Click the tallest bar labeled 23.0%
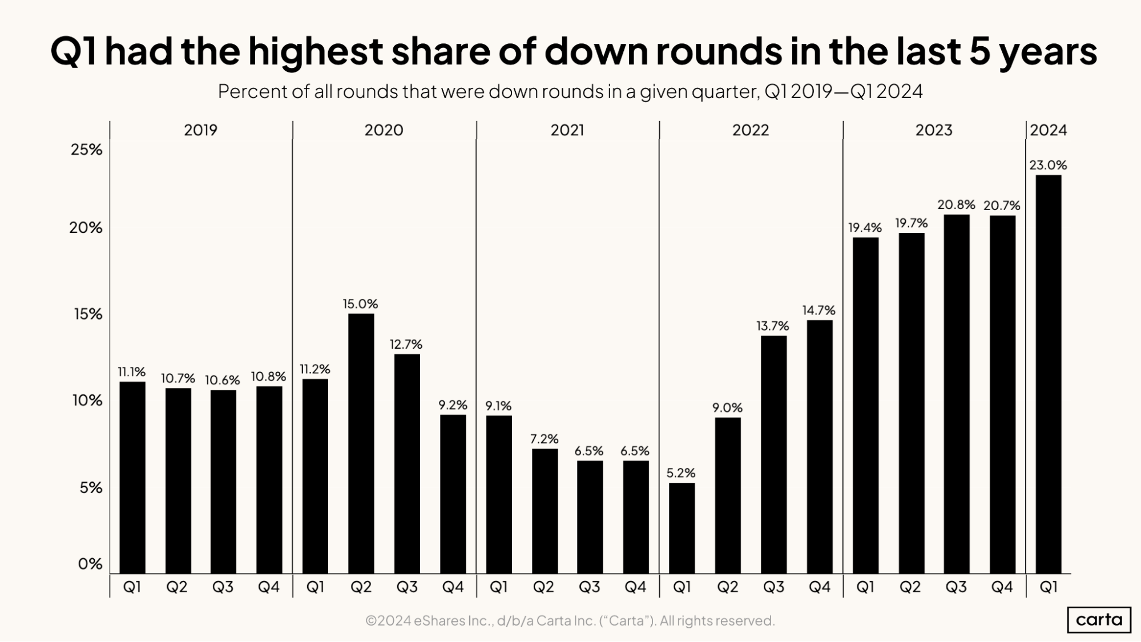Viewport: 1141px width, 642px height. point(1048,374)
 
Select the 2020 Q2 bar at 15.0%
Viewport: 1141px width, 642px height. point(361,443)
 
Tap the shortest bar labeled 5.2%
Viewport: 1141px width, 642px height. point(682,528)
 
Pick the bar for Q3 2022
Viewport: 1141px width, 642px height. point(773,454)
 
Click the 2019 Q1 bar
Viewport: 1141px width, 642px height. point(132,477)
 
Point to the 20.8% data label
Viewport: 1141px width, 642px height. point(956,204)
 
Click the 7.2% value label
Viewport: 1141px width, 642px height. point(544,439)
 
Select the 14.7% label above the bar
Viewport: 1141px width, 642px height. point(819,310)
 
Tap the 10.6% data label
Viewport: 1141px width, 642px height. point(223,380)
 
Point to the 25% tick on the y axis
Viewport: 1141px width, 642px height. point(86,150)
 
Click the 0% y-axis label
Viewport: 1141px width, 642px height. point(90,564)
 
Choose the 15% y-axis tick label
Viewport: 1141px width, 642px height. point(88,314)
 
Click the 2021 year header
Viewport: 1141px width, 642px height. point(567,130)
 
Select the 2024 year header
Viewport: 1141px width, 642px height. point(1048,130)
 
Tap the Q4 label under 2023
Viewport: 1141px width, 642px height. point(1002,587)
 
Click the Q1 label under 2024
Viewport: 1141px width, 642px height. point(1048,587)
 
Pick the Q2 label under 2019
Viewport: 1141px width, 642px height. point(177,587)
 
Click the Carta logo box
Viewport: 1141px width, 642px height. point(1099,620)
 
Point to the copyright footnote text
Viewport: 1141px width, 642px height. point(570,620)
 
